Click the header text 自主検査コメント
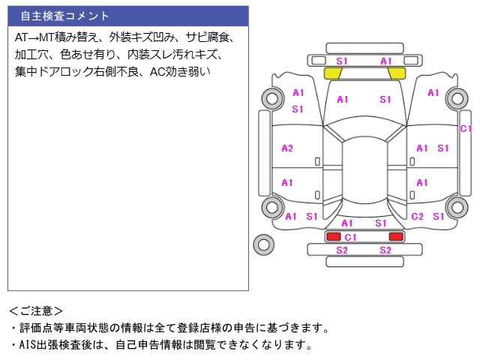(64, 16)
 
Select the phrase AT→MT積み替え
(55, 37)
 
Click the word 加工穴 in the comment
(31, 55)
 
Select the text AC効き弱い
(180, 73)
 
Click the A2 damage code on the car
(286, 148)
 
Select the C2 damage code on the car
(418, 217)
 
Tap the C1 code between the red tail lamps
(350, 237)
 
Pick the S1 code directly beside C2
(439, 217)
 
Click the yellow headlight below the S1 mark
(332, 73)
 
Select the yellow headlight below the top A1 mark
(397, 73)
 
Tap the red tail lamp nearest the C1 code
(333, 237)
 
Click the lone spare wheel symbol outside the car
(263, 244)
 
